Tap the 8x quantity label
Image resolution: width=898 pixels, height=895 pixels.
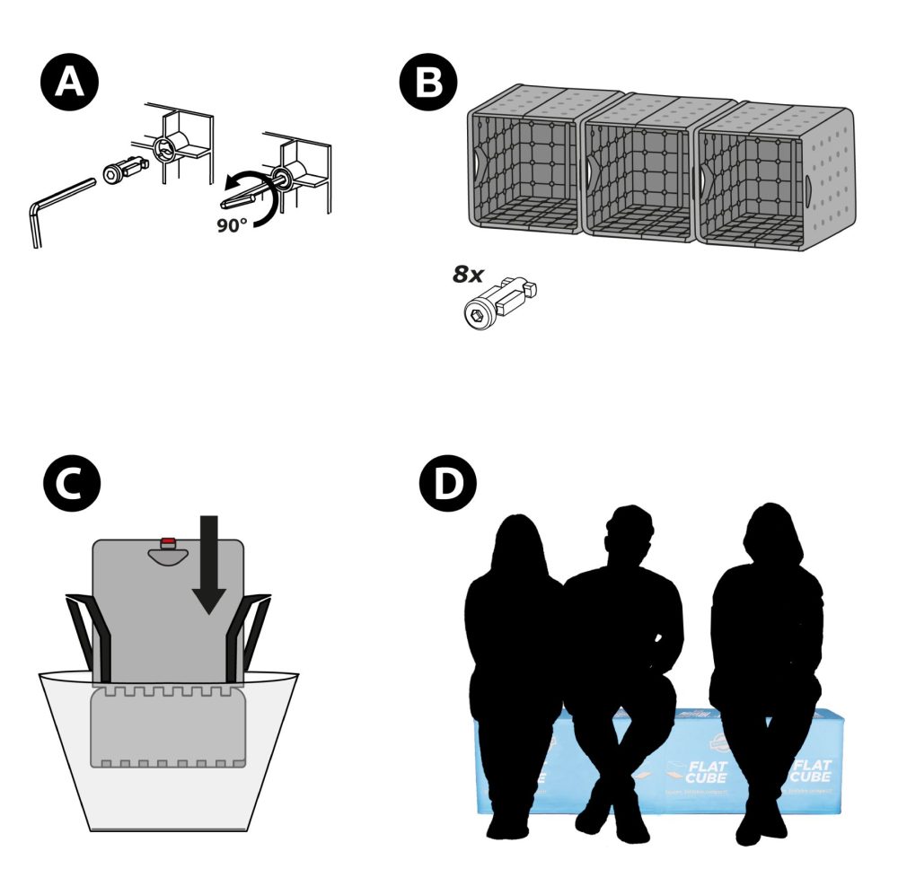468,275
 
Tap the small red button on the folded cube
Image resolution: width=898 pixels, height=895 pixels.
168,541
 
